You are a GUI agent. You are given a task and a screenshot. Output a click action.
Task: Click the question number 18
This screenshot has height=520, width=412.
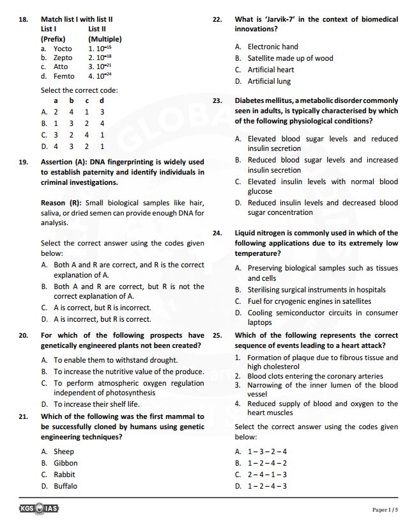[23, 20]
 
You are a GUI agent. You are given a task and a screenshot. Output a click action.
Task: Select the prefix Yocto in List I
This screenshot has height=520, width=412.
[62, 49]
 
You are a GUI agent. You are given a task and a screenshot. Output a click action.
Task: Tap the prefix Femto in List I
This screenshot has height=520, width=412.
[63, 76]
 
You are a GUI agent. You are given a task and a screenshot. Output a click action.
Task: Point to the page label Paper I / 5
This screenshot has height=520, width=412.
[385, 509]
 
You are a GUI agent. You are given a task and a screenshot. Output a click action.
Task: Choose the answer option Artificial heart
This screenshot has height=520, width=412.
[271, 70]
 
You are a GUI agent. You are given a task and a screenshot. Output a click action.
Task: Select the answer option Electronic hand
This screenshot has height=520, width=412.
[273, 47]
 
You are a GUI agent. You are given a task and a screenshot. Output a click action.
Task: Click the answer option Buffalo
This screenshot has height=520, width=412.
[65, 486]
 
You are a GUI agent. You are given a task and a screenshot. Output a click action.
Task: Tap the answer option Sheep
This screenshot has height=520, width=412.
[64, 452]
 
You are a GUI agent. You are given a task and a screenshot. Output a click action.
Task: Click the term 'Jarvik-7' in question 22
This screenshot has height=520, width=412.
[278, 20]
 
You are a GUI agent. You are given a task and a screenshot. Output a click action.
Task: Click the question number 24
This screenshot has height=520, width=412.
[217, 233]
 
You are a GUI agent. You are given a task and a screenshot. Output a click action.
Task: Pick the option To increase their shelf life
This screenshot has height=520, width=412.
[96, 404]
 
